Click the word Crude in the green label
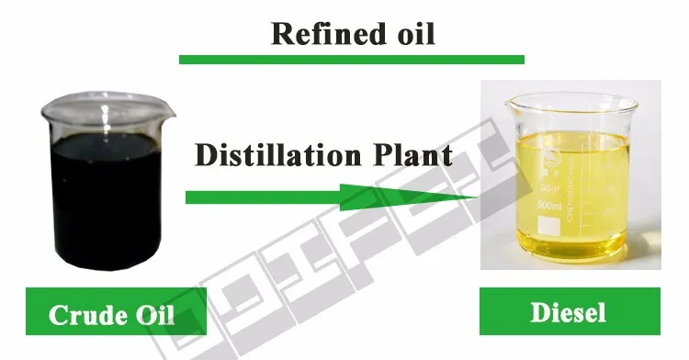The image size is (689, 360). [x=78, y=319]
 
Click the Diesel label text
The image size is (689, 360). [x=569, y=313]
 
